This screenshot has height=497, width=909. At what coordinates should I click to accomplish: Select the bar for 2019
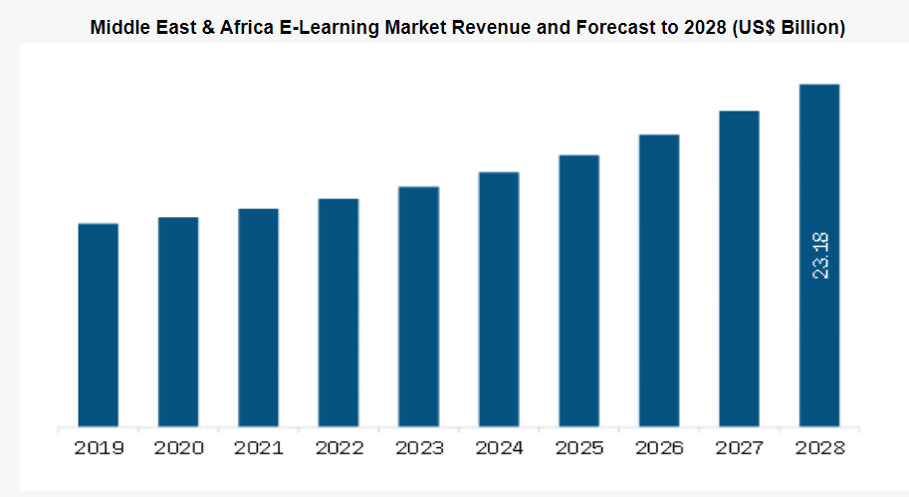[x=98, y=326]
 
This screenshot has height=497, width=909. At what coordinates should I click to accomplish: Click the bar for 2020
[x=178, y=323]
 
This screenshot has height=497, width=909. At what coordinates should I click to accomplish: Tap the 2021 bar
[x=258, y=319]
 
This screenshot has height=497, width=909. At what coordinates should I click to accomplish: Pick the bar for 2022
[x=339, y=314]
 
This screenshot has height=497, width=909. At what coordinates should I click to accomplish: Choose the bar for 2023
[x=418, y=308]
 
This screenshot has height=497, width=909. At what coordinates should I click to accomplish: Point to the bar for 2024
[x=499, y=300]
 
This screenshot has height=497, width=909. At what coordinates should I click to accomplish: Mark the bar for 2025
[x=578, y=292]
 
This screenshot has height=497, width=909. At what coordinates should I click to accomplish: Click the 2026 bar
[x=659, y=282]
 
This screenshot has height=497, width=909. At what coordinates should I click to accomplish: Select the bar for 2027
[x=739, y=270]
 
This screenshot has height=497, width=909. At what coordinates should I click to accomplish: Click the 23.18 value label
[x=820, y=255]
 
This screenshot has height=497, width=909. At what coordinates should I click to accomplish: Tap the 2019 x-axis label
[x=99, y=449]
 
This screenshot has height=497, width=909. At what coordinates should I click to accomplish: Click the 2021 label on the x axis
[x=259, y=449]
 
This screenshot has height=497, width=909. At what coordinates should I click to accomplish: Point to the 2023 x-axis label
[x=419, y=449]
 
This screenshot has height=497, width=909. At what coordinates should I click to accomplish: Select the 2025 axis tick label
[x=579, y=449]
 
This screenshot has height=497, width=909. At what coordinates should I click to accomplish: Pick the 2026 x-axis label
[x=660, y=449]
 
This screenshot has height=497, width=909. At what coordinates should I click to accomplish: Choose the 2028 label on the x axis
[x=819, y=449]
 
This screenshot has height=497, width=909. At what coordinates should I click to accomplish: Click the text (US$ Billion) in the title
[x=789, y=28]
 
